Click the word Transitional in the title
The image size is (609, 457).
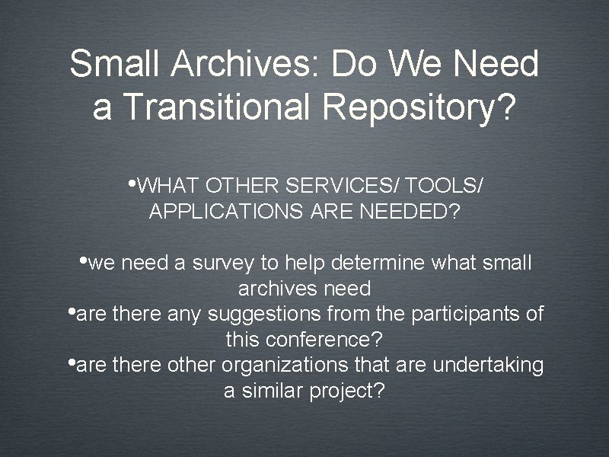coord(216,107)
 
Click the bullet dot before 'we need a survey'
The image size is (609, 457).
coord(84,261)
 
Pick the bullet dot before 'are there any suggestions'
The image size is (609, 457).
coord(71,312)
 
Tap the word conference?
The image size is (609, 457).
coord(330,340)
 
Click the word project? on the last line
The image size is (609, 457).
coord(346,391)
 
